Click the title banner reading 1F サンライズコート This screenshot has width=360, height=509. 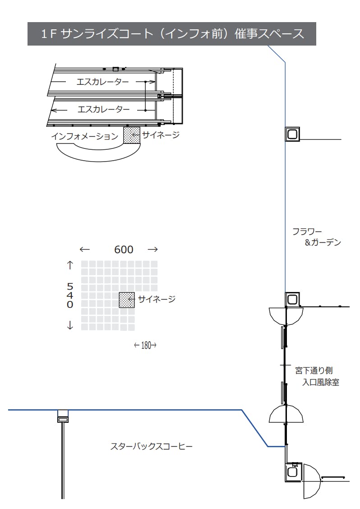(172, 34)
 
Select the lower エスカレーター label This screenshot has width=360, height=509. (103, 109)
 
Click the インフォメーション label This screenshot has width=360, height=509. (84, 136)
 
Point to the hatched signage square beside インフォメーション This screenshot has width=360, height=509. (132, 135)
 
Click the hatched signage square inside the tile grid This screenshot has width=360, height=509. (127, 300)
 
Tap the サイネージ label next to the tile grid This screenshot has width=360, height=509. (156, 298)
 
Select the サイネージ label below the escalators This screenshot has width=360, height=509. (161, 134)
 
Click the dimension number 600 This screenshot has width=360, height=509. (123, 250)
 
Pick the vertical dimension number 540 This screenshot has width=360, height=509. (70, 295)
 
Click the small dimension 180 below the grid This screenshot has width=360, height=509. (145, 346)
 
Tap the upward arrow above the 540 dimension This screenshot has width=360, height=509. (70, 265)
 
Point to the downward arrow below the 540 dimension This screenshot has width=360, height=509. (70, 326)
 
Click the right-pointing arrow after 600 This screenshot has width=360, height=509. (152, 250)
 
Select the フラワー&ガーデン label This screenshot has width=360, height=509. (316, 237)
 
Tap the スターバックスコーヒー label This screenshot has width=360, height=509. (152, 447)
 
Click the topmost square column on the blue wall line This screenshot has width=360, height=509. (292, 134)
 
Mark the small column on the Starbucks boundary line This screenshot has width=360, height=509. (63, 416)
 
